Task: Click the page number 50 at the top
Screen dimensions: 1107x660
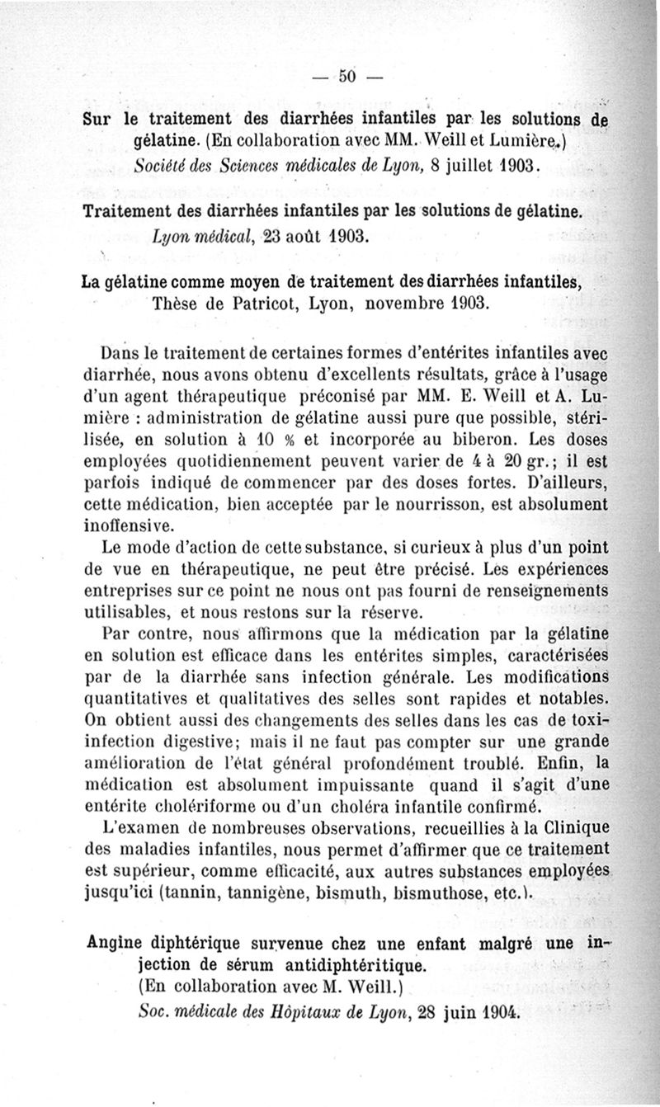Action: tap(346, 77)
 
